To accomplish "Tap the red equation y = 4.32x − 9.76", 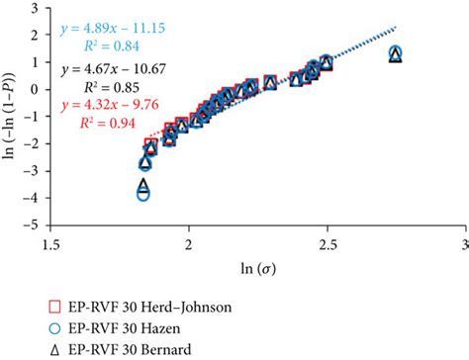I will click(124, 103).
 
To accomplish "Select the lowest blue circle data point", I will click(143, 194).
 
